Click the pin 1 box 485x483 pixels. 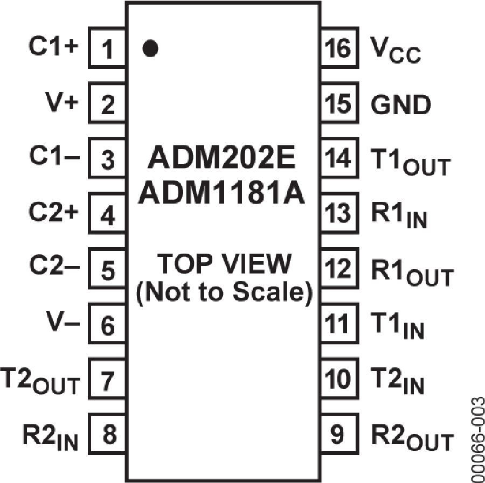click(x=108, y=50)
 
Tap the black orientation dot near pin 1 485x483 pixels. click(x=150, y=49)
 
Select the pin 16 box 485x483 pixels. click(x=338, y=50)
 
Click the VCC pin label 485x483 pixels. click(x=396, y=51)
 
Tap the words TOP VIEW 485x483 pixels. click(x=223, y=265)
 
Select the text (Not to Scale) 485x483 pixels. click(x=223, y=293)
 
